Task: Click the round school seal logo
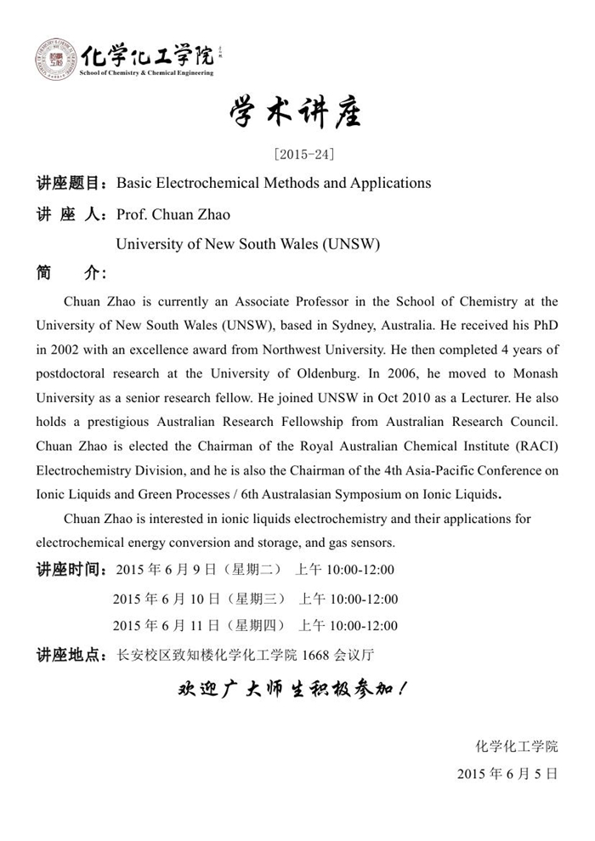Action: point(55,60)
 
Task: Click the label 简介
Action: point(71,273)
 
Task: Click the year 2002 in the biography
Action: point(69,349)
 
